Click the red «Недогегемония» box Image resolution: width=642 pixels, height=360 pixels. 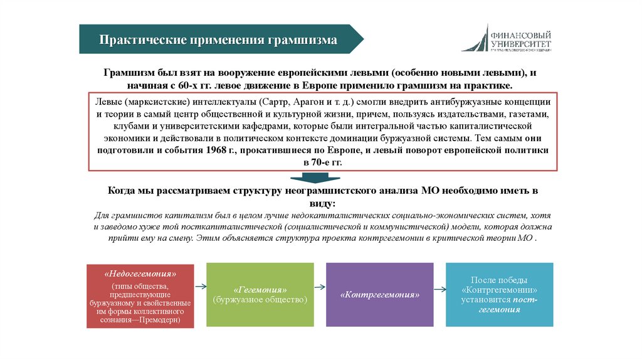[x=140, y=295]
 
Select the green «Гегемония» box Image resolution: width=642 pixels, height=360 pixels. [x=260, y=295]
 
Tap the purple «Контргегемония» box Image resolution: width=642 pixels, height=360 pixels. [x=379, y=295]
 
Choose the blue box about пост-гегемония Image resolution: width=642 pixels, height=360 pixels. [x=499, y=295]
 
